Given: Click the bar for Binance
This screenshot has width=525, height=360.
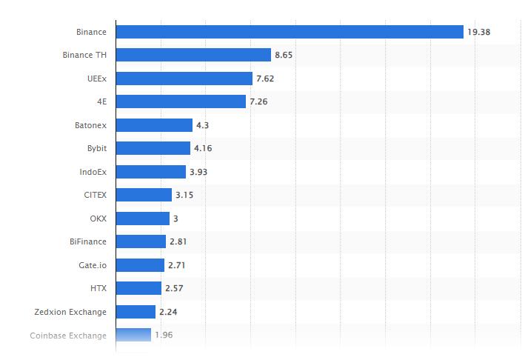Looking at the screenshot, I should tap(290, 32).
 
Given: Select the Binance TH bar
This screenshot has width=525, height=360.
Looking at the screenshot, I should tap(193, 55).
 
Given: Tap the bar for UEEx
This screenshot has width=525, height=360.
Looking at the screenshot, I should tap(184, 79).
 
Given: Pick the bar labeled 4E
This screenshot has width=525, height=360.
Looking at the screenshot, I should tap(181, 101).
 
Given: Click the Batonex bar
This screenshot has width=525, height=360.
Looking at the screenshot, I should tap(154, 125).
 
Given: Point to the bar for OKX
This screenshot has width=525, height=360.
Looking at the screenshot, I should tap(143, 219).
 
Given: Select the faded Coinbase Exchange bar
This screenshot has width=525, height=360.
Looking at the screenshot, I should tap(133, 335).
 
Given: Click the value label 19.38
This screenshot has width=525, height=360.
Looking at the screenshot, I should tap(478, 32).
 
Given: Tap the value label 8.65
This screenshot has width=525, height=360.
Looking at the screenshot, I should tap(284, 55).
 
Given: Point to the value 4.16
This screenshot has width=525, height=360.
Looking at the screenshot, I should tap(203, 148).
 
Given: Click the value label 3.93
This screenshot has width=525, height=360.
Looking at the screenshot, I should tap(198, 172).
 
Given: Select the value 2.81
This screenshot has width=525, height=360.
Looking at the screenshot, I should tap(178, 241).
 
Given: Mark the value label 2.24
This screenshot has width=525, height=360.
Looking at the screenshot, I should tap(168, 312).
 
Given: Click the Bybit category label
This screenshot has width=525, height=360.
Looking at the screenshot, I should tap(96, 148).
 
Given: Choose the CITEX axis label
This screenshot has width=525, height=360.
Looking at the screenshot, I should tap(95, 195).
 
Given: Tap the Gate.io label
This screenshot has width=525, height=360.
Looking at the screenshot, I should tap(93, 265).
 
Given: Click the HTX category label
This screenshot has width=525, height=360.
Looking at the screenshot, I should tap(98, 288).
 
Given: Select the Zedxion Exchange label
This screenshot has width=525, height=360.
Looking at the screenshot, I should tap(70, 312).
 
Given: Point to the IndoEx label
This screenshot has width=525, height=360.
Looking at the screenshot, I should tap(93, 172).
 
